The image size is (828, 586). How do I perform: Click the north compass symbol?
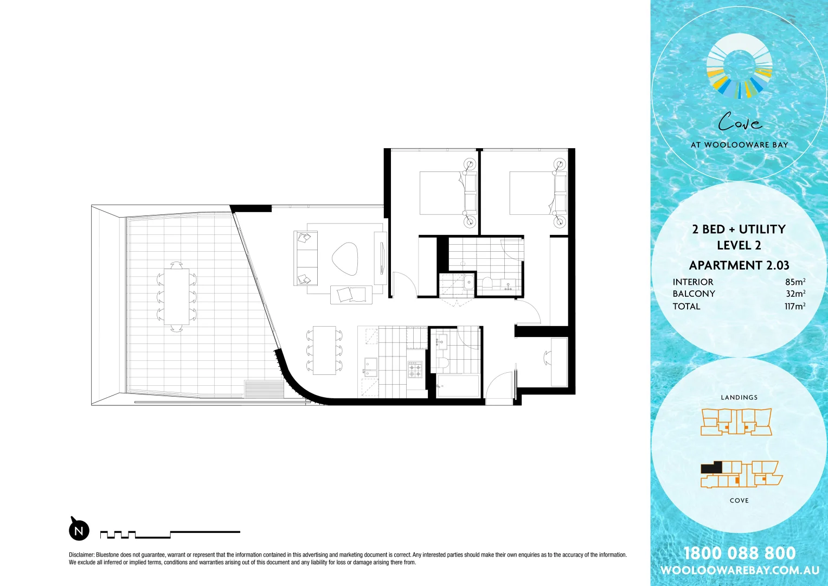[x=79, y=530]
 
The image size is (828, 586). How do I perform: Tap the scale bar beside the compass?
[x=170, y=534]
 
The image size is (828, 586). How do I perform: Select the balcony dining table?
[x=177, y=296]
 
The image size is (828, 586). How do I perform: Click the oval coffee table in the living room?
[x=345, y=259]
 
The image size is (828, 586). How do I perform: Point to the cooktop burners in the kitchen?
[x=415, y=370]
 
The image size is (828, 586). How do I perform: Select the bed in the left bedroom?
[x=442, y=193]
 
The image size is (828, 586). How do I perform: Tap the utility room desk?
[x=559, y=361]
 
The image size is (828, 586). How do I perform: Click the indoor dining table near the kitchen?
[x=324, y=350]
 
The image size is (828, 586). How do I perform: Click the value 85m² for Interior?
[x=795, y=282]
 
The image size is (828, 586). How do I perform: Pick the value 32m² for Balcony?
[x=795, y=294]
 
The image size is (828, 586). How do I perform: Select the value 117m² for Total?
[x=794, y=306]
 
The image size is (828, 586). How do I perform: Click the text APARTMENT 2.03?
[x=739, y=265]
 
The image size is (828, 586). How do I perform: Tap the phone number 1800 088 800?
[x=739, y=553]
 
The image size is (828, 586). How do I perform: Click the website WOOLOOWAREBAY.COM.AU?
[x=739, y=570]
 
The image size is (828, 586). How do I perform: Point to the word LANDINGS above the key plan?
[x=739, y=397]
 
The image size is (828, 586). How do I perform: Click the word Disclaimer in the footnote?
[x=81, y=555]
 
